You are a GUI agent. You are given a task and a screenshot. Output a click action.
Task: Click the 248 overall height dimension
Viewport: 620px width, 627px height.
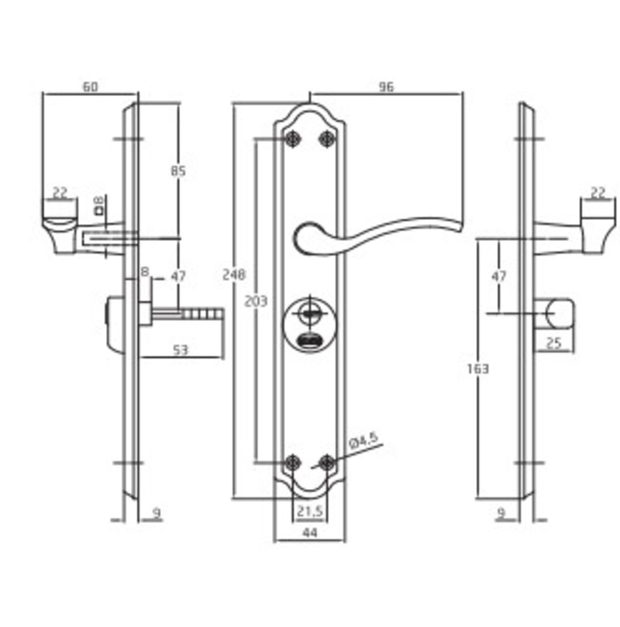coord(234,274)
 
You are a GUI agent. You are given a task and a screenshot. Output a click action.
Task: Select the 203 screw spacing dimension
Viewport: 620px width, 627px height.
coord(256,301)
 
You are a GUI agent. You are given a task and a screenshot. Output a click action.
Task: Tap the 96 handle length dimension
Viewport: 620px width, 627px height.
coord(386,87)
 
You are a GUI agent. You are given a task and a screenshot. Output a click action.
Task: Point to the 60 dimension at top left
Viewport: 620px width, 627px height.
coord(90,86)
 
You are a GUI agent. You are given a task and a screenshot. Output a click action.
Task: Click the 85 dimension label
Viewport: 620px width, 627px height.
coord(178,171)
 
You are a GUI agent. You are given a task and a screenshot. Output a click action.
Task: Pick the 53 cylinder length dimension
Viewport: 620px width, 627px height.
coord(181,350)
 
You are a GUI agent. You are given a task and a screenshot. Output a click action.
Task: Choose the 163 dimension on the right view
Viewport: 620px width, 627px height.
coord(478,368)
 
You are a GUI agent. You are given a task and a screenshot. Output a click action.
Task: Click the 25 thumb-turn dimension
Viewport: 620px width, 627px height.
coord(553,343)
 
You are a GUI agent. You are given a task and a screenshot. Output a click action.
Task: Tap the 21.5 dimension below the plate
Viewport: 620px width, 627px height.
coord(310,511)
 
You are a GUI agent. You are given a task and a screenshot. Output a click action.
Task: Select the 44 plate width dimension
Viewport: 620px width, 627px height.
coord(310,532)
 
